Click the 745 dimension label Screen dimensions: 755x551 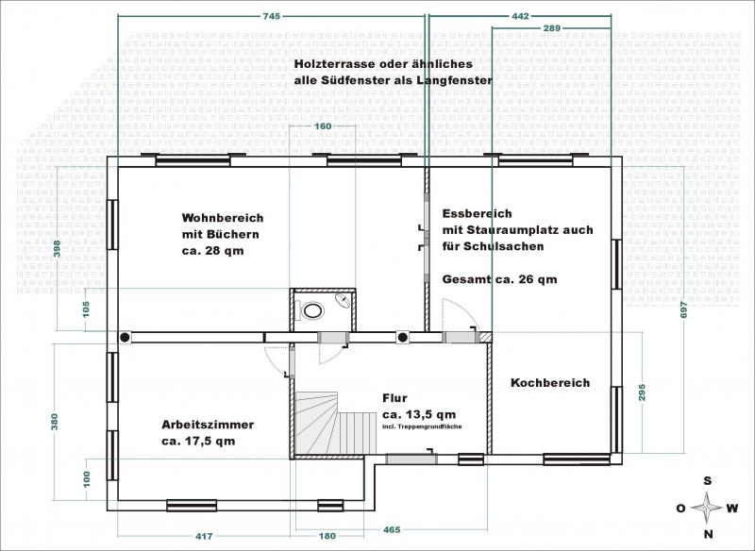(272, 16)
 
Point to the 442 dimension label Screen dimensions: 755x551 (520, 16)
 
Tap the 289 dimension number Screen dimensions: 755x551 (552, 28)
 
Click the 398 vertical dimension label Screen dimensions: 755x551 (58, 248)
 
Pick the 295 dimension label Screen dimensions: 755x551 (642, 392)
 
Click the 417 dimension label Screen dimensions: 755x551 (204, 536)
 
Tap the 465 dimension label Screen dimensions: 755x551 (392, 530)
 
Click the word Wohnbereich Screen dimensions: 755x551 (223, 218)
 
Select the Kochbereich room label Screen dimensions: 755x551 (550, 383)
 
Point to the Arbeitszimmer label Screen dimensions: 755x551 (208, 425)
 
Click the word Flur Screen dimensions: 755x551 (394, 398)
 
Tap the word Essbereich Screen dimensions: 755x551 (478, 213)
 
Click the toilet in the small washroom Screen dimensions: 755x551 (312, 310)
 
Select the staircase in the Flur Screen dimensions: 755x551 (336, 423)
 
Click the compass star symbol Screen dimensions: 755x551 (707, 508)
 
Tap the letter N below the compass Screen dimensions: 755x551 (709, 534)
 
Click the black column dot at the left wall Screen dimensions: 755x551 (125, 338)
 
